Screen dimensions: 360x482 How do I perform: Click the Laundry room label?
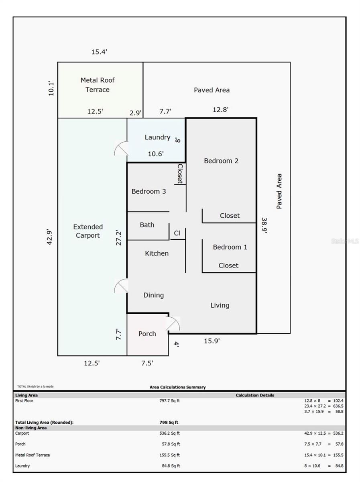(157, 137)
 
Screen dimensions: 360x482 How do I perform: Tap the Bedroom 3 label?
(148, 191)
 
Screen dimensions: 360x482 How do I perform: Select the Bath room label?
(147, 225)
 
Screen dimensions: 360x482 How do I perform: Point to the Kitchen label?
(157, 253)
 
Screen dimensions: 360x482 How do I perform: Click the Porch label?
(147, 333)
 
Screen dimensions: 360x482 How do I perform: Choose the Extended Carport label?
(88, 231)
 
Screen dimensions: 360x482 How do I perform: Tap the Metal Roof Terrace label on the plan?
(98, 85)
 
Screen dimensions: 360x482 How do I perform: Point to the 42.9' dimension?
(50, 237)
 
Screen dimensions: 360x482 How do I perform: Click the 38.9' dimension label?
(264, 225)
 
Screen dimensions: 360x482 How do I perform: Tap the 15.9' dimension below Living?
(212, 341)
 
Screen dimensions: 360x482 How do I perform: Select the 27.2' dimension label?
(118, 238)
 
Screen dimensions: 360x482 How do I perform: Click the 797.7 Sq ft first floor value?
(169, 400)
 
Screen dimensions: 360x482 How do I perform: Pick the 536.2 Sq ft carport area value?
(169, 433)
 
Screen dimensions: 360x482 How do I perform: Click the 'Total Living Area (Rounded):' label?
(44, 422)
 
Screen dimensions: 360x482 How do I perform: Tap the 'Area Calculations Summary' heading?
(177, 387)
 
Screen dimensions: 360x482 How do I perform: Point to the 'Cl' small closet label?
(177, 233)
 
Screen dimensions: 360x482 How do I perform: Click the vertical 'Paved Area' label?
(279, 191)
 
